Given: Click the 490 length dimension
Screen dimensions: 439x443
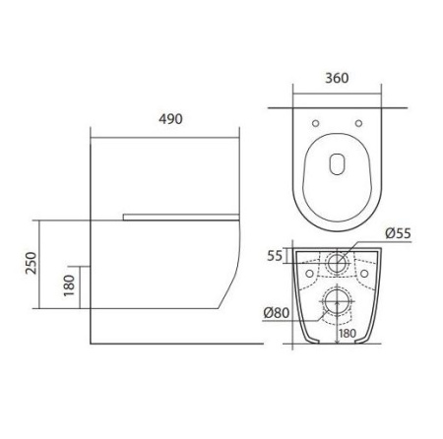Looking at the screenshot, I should [x=168, y=117].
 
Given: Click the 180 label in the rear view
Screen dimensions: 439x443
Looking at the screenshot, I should [x=346, y=334].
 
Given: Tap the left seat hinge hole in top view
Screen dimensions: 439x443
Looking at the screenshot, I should [x=313, y=123].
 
